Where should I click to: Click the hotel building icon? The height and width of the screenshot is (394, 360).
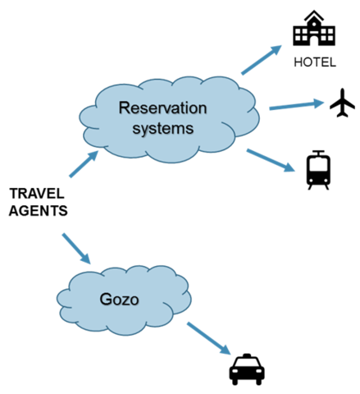pos(314,29)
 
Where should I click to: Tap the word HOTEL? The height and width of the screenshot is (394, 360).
pos(315,62)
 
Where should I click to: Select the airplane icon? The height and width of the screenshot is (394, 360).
pos(342,103)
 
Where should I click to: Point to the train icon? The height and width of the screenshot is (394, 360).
pos(318,170)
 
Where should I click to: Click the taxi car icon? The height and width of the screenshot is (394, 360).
pos(247,369)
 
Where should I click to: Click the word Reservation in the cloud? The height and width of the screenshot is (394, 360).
pos(162,108)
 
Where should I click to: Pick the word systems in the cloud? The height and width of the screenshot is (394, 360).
pos(163,128)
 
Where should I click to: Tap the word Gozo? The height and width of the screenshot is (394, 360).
pos(119,300)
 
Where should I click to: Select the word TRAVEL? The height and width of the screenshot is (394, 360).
pos(37,194)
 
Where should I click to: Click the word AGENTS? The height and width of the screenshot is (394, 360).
pos(39,211)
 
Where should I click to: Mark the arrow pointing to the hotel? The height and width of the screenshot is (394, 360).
pos(262,60)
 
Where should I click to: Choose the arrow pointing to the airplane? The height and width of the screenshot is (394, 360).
pos(297,105)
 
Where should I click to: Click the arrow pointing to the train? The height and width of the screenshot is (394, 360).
pos(271,160)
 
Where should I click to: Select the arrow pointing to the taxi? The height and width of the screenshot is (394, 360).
pos(209,338)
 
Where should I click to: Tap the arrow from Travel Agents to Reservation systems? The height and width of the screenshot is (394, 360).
pos(84,164)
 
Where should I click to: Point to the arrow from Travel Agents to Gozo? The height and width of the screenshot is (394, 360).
pos(76,249)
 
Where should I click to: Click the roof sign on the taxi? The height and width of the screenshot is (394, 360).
pos(247,355)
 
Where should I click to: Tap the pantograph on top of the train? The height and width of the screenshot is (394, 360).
pos(318,153)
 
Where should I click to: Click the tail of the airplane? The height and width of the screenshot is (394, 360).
pos(342,114)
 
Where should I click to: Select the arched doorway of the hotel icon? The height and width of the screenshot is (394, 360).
pos(314,41)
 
